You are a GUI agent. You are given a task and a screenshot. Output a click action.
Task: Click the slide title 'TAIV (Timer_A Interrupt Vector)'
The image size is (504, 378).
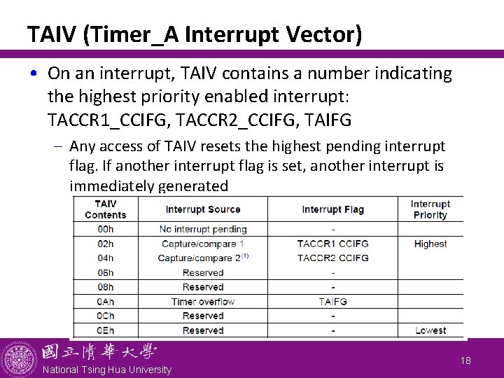point(195,33)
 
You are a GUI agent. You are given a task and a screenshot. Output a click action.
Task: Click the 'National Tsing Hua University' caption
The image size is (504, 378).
point(106,370)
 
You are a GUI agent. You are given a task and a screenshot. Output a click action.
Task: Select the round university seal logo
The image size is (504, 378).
point(19,359)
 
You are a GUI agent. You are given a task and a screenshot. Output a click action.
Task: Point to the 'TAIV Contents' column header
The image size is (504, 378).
point(105,209)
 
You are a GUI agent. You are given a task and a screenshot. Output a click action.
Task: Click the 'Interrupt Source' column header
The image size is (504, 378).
point(203,209)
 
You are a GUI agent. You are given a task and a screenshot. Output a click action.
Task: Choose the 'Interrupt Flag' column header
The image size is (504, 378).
point(332,209)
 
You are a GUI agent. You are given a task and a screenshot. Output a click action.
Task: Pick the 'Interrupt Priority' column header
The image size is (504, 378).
point(430,209)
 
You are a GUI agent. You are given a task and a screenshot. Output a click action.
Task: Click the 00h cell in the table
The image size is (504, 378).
point(105,229)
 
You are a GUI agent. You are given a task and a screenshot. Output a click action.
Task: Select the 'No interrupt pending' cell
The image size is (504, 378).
point(203,229)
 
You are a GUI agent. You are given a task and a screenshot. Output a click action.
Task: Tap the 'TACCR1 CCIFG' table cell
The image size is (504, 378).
point(332,244)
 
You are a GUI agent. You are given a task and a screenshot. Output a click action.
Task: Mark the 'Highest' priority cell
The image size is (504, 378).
point(430,244)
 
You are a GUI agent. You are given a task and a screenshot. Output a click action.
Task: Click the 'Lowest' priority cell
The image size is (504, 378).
point(430,330)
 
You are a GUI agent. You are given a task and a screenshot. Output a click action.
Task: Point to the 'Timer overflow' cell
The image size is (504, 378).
point(203,302)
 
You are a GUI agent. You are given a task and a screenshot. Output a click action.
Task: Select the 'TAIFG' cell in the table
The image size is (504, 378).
point(332,302)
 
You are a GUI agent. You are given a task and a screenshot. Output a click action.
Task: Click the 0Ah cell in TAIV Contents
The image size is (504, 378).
point(105,302)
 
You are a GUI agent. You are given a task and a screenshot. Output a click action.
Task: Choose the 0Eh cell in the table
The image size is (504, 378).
point(105,330)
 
